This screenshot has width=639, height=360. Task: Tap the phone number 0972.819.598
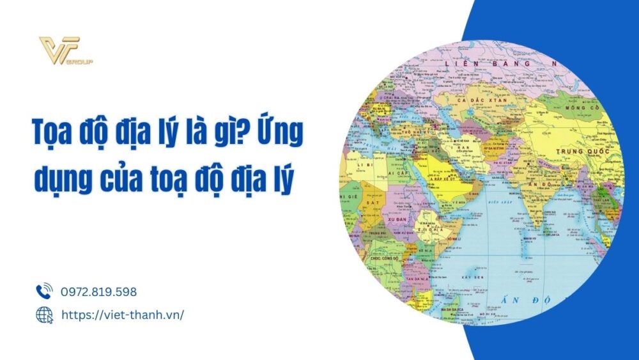98,292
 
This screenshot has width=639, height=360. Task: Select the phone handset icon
44,292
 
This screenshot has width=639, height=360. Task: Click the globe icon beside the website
44,315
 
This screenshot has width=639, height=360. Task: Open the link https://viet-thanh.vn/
122,315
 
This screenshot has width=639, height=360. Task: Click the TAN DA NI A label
414,278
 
